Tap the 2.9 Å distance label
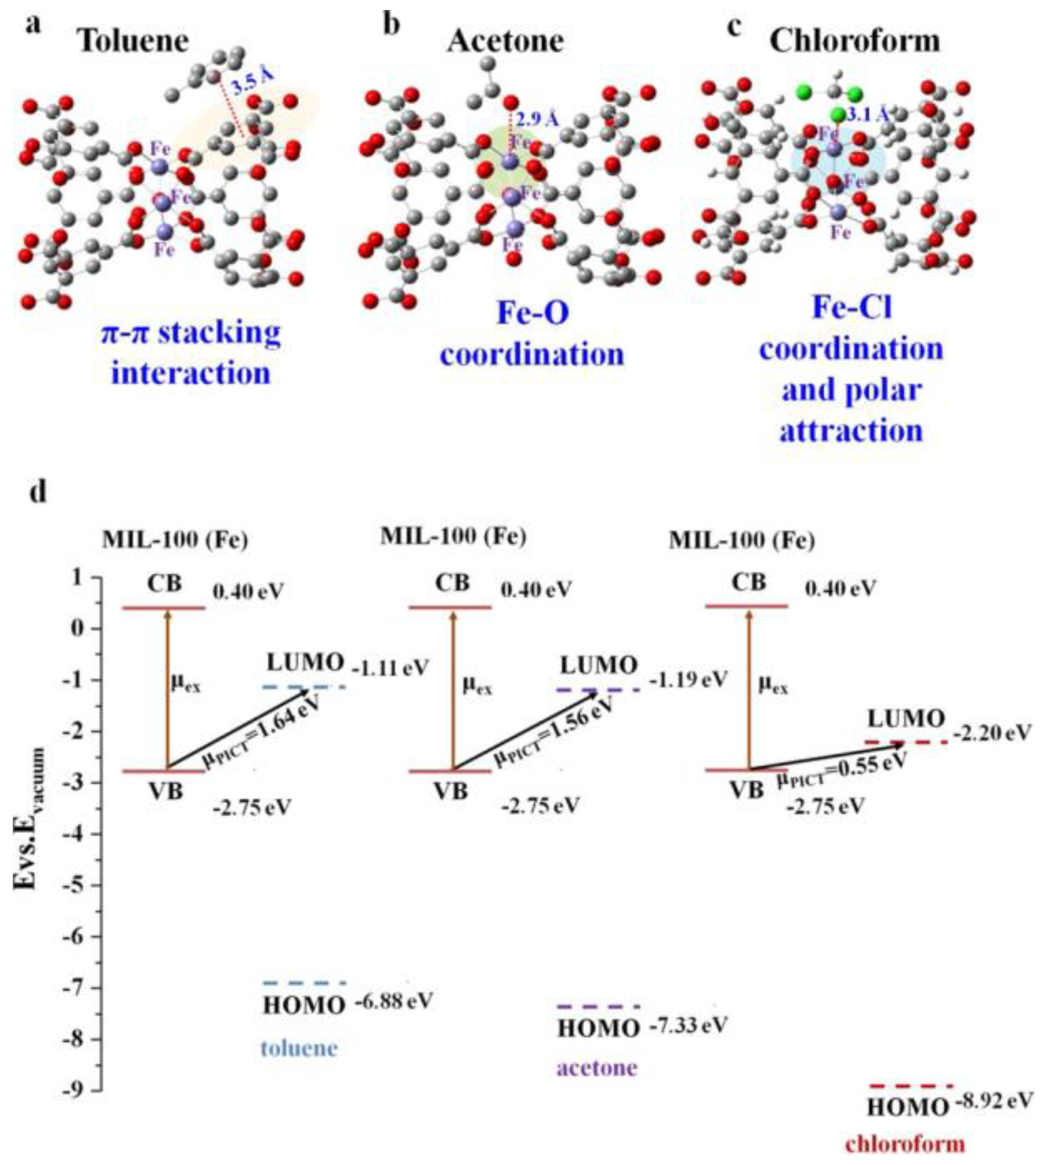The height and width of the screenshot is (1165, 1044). pyautogui.click(x=537, y=119)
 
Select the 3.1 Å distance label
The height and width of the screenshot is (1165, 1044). pyautogui.click(x=868, y=116)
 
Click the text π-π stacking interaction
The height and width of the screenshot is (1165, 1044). pyautogui.click(x=191, y=353)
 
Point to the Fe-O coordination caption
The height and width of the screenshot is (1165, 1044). pyautogui.click(x=533, y=334)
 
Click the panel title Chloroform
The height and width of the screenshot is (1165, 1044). pyautogui.click(x=855, y=41)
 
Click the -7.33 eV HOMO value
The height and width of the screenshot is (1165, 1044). pyautogui.click(x=688, y=1025)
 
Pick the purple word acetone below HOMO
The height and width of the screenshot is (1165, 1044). pyautogui.click(x=597, y=1068)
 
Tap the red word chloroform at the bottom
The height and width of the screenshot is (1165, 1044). pyautogui.click(x=905, y=1144)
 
